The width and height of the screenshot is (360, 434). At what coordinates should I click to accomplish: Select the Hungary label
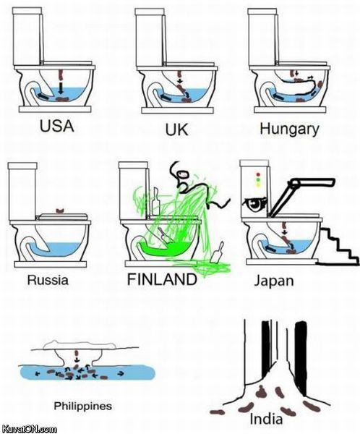(x=289, y=129)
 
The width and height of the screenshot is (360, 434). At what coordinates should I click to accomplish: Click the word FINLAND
(x=161, y=279)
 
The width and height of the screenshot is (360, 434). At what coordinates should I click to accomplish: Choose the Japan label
(x=275, y=280)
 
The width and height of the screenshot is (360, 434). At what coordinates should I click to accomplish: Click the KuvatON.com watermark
(x=30, y=428)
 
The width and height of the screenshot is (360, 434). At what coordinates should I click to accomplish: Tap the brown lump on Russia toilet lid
(x=61, y=211)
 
